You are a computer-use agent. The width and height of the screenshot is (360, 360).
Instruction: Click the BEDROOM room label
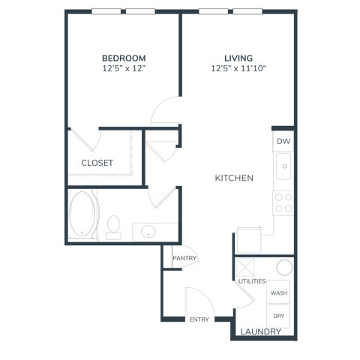[124, 58]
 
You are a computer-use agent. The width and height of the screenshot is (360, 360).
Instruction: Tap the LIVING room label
[238, 58]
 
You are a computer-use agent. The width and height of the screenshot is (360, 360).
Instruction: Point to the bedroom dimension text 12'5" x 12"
[124, 68]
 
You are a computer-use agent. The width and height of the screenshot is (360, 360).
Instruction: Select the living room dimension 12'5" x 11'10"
[238, 68]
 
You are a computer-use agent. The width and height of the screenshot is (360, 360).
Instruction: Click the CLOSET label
[97, 163]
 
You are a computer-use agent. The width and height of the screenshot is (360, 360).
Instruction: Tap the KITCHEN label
[234, 178]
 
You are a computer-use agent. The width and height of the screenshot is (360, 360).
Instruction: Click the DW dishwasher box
[283, 141]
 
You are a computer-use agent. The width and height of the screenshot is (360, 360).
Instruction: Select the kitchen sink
[283, 166]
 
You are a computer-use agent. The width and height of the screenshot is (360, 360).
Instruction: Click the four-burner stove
[283, 202]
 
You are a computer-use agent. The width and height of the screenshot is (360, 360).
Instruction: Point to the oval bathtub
[82, 214]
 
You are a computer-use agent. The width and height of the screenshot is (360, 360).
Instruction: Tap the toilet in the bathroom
[114, 227]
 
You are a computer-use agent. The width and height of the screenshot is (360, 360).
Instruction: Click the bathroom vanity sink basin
[148, 232]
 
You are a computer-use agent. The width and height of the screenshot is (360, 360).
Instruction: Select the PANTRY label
[184, 258]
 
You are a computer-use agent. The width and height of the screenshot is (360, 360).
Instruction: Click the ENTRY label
[199, 319]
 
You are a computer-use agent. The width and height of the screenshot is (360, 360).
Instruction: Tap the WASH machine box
[278, 292]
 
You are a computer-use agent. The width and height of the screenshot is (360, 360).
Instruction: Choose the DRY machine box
[278, 316]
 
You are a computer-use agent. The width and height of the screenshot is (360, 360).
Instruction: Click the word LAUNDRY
[261, 331]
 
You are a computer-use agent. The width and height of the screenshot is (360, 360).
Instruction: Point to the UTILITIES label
[252, 281]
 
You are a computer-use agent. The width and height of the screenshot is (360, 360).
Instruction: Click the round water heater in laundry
[284, 267]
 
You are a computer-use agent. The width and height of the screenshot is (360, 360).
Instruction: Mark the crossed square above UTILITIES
[245, 268]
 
